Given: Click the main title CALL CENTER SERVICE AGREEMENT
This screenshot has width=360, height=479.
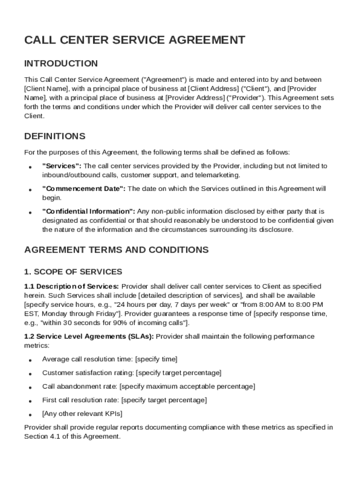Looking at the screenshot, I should pyautogui.click(x=134, y=40).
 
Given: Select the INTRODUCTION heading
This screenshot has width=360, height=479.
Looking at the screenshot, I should pyautogui.click(x=61, y=64).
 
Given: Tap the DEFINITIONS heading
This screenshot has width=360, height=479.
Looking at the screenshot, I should pyautogui.click(x=55, y=137).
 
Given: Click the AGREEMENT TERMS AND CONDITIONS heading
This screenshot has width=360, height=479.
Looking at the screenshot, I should pyautogui.click(x=116, y=250).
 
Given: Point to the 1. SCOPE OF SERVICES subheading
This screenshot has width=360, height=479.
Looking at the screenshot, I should pyautogui.click(x=73, y=272).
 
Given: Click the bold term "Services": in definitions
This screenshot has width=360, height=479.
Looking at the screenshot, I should pyautogui.click(x=62, y=166).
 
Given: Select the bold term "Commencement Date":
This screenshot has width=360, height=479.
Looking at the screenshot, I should pyautogui.click(x=84, y=189).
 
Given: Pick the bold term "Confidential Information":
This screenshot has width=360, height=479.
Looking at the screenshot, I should pyautogui.click(x=88, y=211).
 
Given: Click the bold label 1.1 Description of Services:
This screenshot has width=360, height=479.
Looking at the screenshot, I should pyautogui.click(x=72, y=286).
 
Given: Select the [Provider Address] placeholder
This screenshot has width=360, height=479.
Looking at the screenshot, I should pyautogui.click(x=195, y=98).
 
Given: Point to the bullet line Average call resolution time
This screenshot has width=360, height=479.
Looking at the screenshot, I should pyautogui.click(x=109, y=359).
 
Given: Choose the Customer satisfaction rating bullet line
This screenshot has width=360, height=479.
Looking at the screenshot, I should pyautogui.click(x=131, y=373).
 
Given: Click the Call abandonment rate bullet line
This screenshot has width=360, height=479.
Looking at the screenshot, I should pyautogui.click(x=148, y=386).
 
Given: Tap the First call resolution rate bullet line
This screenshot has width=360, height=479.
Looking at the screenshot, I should pyautogui.click(x=124, y=400).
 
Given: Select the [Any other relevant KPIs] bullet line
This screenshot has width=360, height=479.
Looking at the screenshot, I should pyautogui.click(x=82, y=414).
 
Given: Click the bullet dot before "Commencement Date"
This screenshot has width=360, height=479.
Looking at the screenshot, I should pyautogui.click(x=30, y=190).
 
